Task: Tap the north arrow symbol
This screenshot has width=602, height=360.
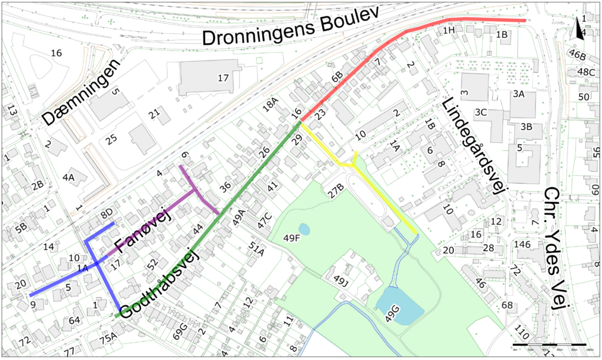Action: [x=580, y=29]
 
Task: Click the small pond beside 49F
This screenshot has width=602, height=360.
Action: [x=304, y=228]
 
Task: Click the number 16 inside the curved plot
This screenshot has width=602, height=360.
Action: [x=56, y=54]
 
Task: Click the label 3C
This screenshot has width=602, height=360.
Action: [x=482, y=112]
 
